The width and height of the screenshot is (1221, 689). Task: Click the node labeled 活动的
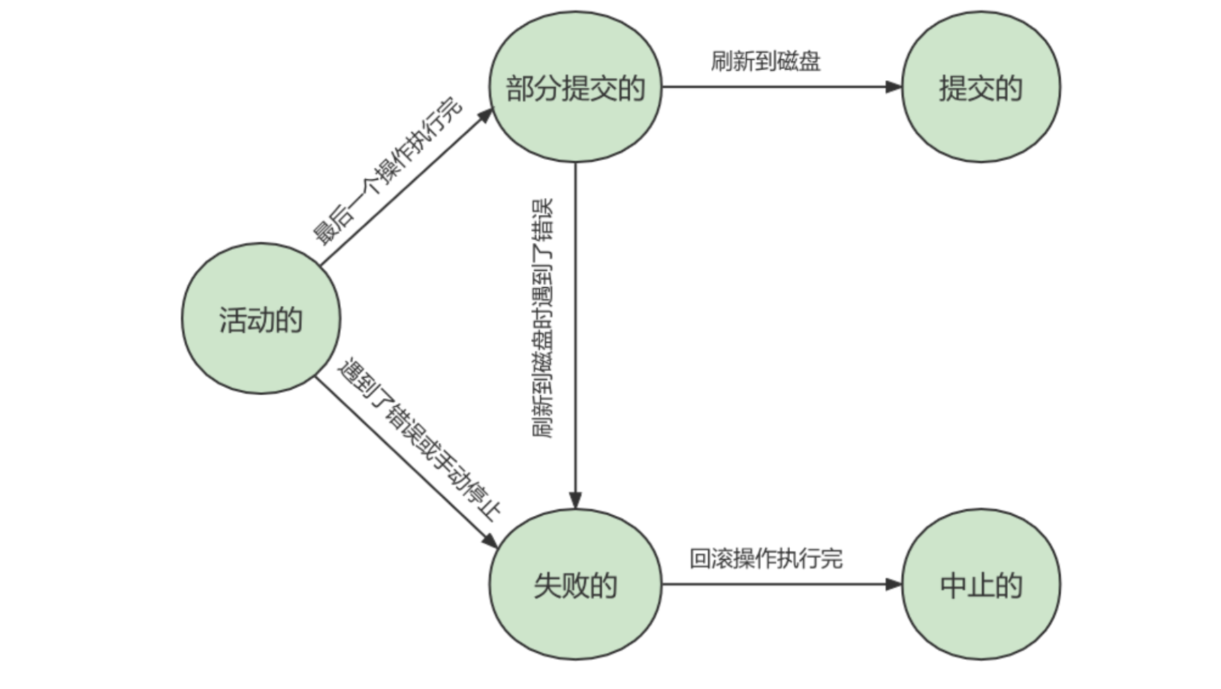click(x=261, y=319)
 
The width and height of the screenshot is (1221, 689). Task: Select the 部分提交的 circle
click(x=575, y=87)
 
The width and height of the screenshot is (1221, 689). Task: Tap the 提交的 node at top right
click(x=981, y=87)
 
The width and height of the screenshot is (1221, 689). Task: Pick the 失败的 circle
click(x=575, y=584)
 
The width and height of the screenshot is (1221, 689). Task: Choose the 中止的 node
click(x=981, y=584)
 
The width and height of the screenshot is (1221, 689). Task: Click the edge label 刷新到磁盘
click(x=765, y=61)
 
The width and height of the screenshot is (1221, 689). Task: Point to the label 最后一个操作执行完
click(x=388, y=171)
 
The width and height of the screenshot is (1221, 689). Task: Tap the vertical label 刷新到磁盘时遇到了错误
click(x=543, y=318)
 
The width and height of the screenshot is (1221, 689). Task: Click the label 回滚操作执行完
click(x=765, y=558)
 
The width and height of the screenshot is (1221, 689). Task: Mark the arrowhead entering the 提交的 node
click(x=894, y=87)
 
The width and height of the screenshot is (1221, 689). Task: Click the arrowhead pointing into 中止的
click(x=894, y=584)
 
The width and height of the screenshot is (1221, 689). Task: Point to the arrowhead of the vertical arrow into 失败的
click(x=575, y=500)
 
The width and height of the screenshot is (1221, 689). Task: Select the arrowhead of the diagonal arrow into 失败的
click(x=489, y=541)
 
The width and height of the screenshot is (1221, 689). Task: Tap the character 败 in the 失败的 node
click(x=575, y=585)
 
